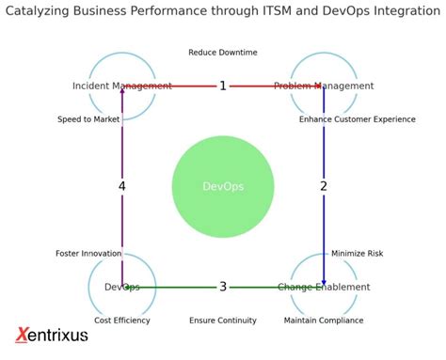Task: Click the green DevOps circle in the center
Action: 223,186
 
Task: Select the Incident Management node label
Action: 122,86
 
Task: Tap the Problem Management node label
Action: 324,86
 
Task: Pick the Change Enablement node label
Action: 324,287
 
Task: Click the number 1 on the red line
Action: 223,86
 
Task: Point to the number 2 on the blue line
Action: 324,186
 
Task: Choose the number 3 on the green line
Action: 223,287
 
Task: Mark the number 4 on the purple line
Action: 122,186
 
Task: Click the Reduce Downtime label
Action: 223,53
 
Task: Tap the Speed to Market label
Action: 88,119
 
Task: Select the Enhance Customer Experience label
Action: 358,119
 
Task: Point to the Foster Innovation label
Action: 88,254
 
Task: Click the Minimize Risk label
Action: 358,254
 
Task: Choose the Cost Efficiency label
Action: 122,321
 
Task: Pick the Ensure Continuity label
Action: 223,321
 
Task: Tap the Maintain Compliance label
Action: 324,321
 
